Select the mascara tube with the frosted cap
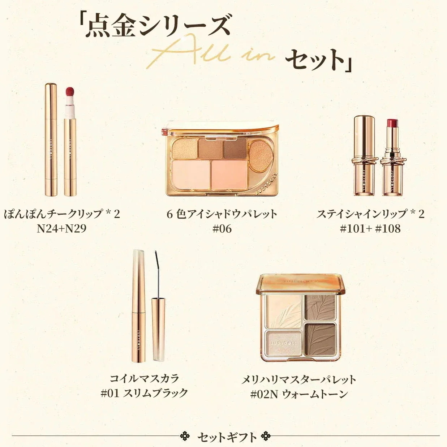coord(139,306)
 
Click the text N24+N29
coord(62,228)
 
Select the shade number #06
coord(222,228)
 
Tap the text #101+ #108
coord(370,228)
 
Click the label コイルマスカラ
coord(144,378)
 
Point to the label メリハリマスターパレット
coord(299,379)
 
